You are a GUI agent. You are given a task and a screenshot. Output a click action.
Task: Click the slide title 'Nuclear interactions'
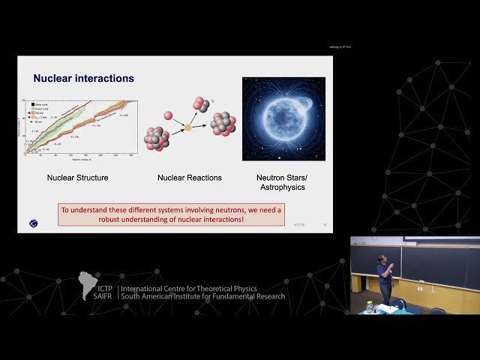(83, 78)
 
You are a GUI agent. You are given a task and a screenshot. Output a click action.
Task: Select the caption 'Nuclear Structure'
(78, 178)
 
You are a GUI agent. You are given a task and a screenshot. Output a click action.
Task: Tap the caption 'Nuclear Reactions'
(189, 178)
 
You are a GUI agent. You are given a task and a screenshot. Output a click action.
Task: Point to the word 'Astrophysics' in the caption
(283, 187)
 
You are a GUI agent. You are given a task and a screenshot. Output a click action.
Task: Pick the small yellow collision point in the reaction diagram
(188, 128)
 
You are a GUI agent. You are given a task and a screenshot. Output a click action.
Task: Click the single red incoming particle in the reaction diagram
(168, 115)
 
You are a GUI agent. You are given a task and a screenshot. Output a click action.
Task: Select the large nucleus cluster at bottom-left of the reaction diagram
(156, 138)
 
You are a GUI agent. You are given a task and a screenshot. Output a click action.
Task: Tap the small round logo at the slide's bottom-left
(32, 223)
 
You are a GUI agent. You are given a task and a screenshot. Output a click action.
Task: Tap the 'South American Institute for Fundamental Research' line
(202, 296)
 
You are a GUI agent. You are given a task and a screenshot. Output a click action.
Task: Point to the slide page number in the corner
(325, 224)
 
